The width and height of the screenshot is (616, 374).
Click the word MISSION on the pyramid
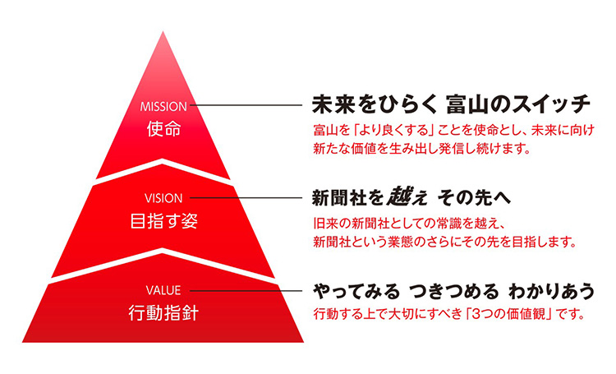click(x=163, y=106)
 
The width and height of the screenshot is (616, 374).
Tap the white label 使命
click(x=163, y=128)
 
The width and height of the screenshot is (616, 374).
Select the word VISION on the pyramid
click(x=163, y=198)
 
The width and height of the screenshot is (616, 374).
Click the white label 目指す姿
click(x=163, y=221)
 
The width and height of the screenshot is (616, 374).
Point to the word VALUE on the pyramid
click(x=163, y=291)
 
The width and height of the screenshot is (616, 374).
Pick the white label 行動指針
click(x=163, y=313)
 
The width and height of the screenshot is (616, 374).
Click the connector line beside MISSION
click(x=246, y=105)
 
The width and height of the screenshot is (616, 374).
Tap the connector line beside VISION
click(x=246, y=198)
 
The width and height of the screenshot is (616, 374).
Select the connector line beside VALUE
click(x=246, y=291)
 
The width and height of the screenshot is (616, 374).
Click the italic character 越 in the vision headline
click(x=398, y=196)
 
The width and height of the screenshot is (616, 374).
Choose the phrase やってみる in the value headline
click(x=356, y=292)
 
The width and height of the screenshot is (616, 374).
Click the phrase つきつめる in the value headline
click(x=453, y=292)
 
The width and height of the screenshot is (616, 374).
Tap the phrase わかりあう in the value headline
click(x=552, y=292)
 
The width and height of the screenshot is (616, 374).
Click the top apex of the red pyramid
click(x=163, y=31)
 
